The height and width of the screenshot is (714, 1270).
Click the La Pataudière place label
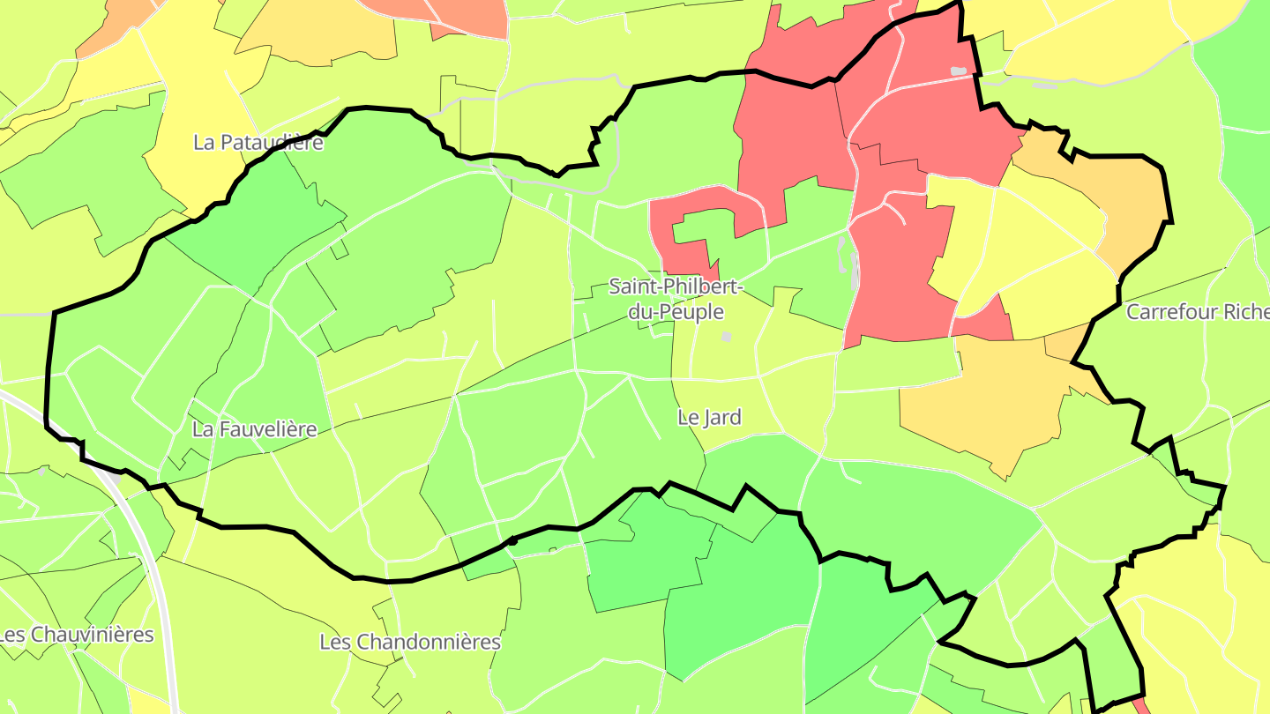(258, 142)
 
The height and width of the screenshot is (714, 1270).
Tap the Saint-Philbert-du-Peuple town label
(676, 299)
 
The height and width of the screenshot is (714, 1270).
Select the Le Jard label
(709, 417)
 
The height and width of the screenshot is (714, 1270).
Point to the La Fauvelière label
(254, 429)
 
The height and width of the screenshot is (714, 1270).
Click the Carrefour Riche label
(1197, 312)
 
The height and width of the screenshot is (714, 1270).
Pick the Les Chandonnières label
(410, 642)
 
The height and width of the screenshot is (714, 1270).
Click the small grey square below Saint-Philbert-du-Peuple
(726, 336)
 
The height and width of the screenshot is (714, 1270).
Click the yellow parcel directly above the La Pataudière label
(198, 88)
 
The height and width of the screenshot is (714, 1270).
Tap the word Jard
(721, 417)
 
